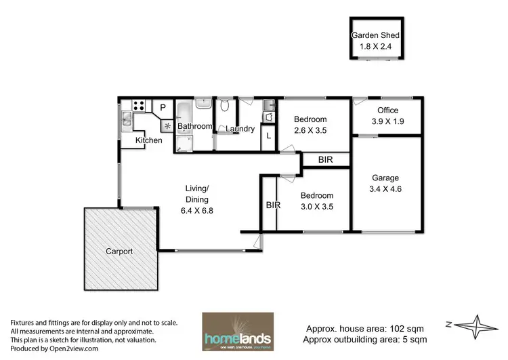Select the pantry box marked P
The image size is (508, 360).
(x=163, y=107)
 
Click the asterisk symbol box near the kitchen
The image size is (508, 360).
(x=165, y=125)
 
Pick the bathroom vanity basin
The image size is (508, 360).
(x=203, y=104)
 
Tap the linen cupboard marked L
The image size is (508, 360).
(x=269, y=136)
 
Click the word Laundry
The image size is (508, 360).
(x=240, y=129)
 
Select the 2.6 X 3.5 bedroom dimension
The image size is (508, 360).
(x=310, y=132)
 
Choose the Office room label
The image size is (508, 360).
(x=387, y=110)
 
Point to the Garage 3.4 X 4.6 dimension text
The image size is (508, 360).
(x=385, y=190)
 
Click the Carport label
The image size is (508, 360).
(x=119, y=251)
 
